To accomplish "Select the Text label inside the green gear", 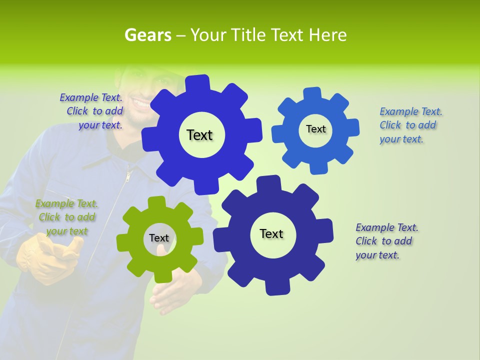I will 159,238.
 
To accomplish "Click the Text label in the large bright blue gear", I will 199,135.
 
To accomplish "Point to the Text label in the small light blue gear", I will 315,129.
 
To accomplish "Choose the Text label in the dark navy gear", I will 271,234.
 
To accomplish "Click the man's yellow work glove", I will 47,257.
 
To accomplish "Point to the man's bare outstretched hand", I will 172,295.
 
